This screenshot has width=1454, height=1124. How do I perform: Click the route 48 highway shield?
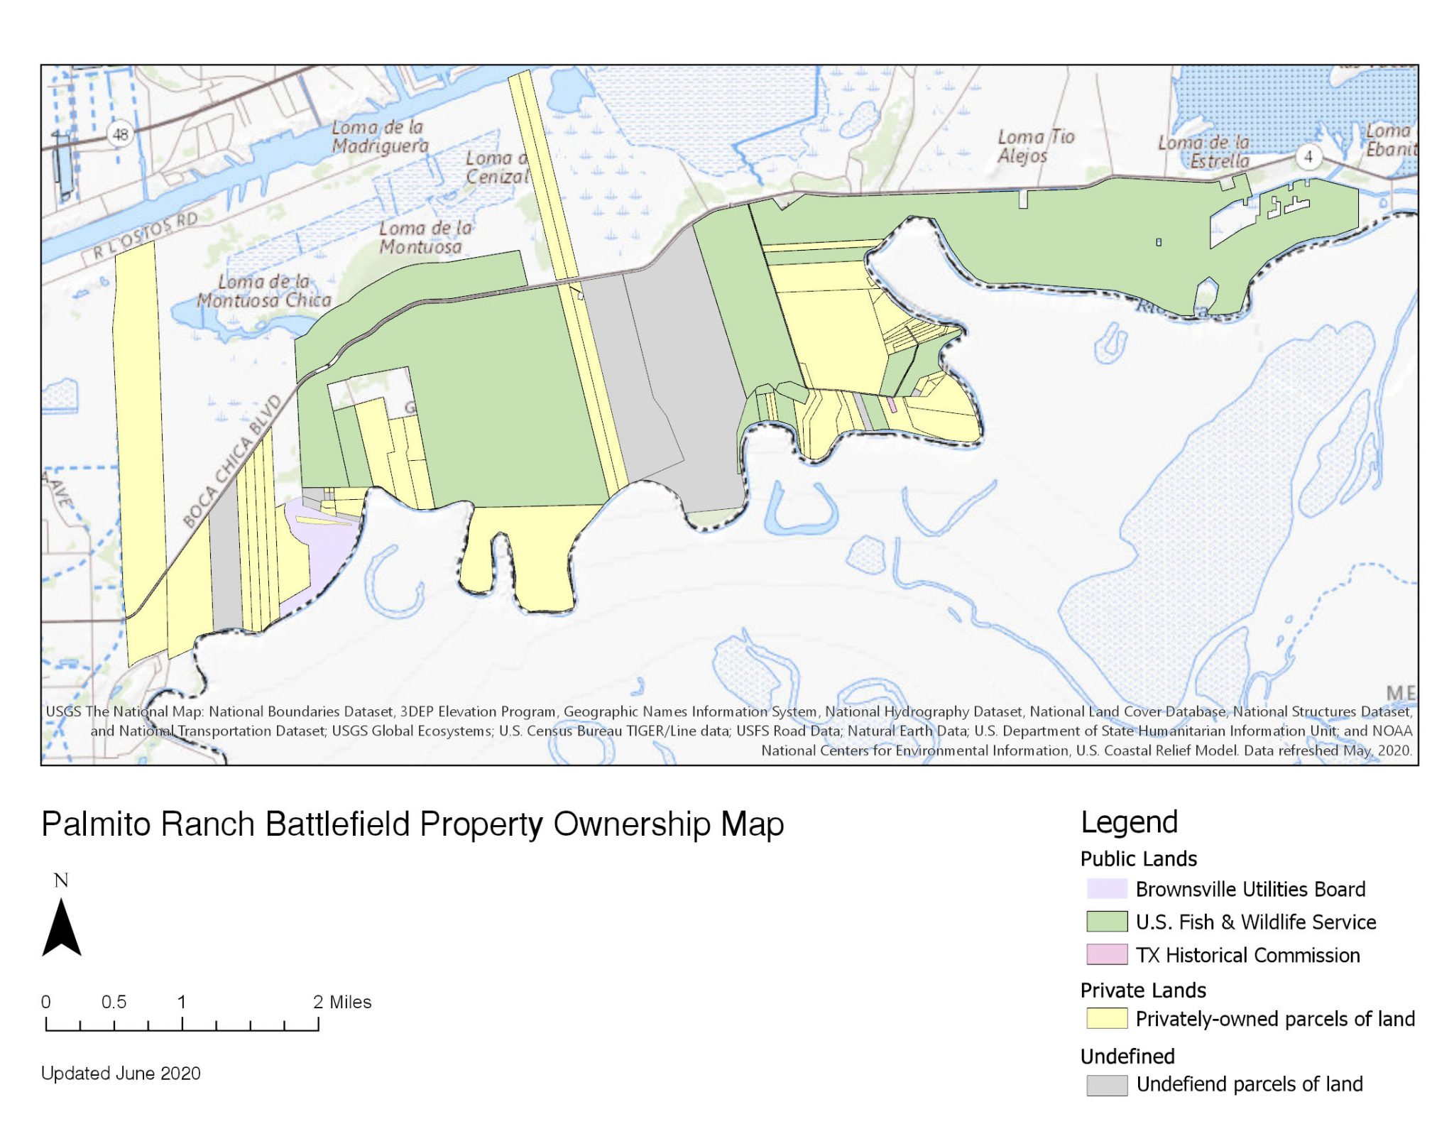tap(121, 134)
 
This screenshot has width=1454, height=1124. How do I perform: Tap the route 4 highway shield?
tap(1308, 156)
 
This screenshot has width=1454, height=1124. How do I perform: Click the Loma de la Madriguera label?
tap(380, 136)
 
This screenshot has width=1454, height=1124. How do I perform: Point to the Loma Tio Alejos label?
tap(1035, 146)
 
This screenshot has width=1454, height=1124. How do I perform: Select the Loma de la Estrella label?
tap(1204, 152)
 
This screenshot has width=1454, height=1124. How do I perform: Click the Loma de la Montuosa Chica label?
tap(263, 291)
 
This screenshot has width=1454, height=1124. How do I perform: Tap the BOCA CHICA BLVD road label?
tap(232, 462)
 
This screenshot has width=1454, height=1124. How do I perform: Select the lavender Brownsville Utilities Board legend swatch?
tap(1106, 888)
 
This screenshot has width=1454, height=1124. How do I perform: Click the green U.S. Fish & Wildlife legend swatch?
tap(1106, 921)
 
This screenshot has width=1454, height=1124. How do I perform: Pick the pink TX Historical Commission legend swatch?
tap(1106, 954)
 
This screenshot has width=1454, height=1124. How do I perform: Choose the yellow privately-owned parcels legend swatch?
tap(1106, 1018)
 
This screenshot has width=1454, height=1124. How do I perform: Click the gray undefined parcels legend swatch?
tap(1106, 1084)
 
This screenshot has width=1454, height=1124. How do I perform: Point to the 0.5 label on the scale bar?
tap(114, 1001)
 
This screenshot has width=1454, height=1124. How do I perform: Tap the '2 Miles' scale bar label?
tap(342, 1001)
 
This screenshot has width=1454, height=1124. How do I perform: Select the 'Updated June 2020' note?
tap(121, 1072)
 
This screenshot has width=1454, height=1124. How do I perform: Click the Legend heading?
tap(1129, 822)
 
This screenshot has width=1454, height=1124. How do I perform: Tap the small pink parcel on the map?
tap(892, 405)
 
